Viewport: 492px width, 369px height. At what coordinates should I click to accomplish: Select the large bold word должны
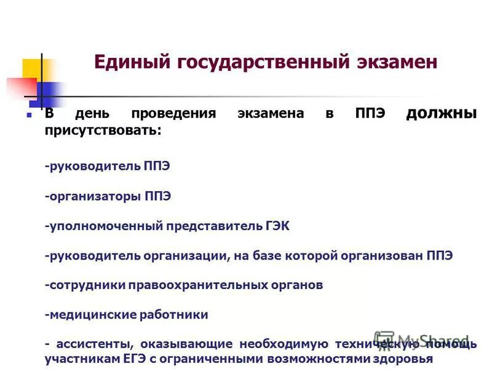pyautogui.click(x=441, y=113)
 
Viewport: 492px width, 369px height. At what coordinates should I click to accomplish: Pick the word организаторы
pyautogui.click(x=95, y=196)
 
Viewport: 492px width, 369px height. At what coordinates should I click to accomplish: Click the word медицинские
pyautogui.click(x=89, y=314)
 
